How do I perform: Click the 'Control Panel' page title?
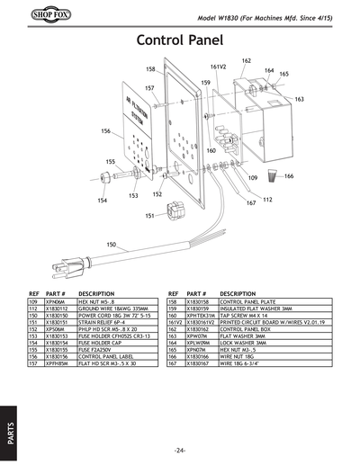point(179,40)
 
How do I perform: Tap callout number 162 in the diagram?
point(247,60)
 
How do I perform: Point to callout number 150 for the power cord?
point(111,245)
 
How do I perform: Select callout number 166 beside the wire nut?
point(289,176)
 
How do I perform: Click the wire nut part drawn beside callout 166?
point(274,176)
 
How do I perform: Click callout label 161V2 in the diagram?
point(218,67)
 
